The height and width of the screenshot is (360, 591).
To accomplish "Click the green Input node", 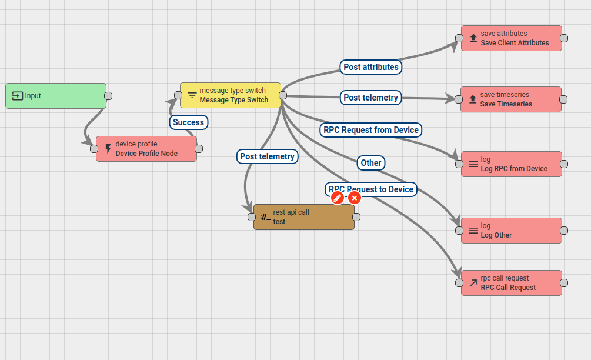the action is click(x=56, y=96).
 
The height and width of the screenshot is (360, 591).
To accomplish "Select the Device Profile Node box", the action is click(x=146, y=149).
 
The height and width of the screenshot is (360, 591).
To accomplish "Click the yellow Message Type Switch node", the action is click(x=231, y=95).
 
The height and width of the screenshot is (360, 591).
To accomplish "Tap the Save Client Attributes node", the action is click(x=512, y=38).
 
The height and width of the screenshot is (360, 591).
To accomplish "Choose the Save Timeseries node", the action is click(x=510, y=99).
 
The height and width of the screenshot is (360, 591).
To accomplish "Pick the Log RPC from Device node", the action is click(x=512, y=164).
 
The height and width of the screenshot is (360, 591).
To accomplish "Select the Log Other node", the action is click(x=512, y=231).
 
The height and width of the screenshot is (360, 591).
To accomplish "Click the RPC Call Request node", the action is click(x=512, y=283).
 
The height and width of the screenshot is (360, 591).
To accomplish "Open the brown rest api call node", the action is click(x=304, y=216).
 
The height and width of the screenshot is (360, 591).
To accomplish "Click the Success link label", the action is click(x=188, y=122).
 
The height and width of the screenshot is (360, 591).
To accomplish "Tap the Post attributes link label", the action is click(x=371, y=67).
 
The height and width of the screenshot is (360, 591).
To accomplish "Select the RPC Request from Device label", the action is click(x=371, y=130).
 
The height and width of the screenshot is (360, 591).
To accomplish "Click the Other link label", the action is click(x=371, y=163).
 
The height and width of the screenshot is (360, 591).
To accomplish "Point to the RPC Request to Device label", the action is click(x=371, y=189).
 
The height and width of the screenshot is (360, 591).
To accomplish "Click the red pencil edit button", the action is click(x=338, y=198).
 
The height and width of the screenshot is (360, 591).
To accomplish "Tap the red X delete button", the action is click(x=354, y=198).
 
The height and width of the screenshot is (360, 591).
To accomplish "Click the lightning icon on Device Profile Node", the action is click(x=108, y=148).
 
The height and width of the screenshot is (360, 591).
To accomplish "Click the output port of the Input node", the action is click(x=108, y=96).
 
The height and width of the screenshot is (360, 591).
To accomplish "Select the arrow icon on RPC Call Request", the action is click(x=473, y=283).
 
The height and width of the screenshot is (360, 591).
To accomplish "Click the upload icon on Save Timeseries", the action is click(x=473, y=99).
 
